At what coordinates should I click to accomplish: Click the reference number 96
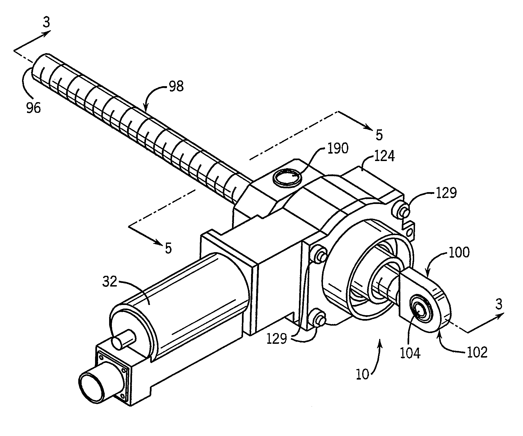tap(34, 108)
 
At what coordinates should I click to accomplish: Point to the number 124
tap(384, 156)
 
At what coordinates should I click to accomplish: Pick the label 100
tap(459, 252)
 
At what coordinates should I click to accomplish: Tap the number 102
tap(476, 352)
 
